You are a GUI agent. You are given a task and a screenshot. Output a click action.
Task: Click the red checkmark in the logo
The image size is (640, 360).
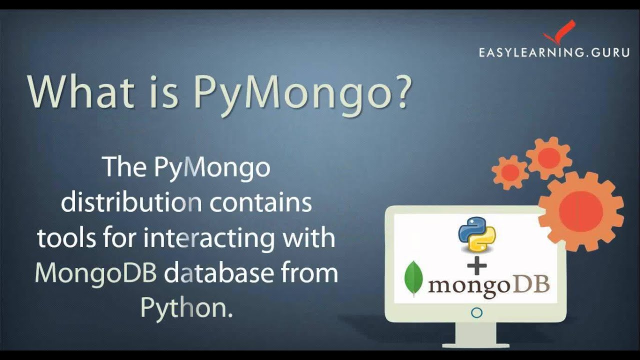[559, 32]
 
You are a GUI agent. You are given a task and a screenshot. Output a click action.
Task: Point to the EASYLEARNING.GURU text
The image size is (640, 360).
[554, 52]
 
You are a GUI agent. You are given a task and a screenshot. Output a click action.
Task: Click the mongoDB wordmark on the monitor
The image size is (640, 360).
[488, 285]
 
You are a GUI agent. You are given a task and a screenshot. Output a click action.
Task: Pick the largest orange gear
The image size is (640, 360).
[581, 210]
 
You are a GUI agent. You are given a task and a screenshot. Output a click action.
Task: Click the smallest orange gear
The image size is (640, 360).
[510, 172]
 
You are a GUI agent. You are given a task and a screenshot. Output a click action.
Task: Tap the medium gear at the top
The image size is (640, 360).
[548, 158]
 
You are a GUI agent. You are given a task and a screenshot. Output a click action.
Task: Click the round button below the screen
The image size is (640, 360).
[476, 313]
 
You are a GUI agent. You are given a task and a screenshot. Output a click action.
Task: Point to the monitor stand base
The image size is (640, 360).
[476, 344]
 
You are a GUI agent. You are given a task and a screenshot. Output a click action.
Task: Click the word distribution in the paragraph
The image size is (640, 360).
[131, 203]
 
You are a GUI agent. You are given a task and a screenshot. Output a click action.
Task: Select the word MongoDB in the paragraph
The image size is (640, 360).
[96, 274]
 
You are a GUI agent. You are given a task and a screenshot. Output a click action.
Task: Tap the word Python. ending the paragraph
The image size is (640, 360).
[186, 308]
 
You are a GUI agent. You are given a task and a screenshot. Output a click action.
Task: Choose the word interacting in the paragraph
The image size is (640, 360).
[209, 238]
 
